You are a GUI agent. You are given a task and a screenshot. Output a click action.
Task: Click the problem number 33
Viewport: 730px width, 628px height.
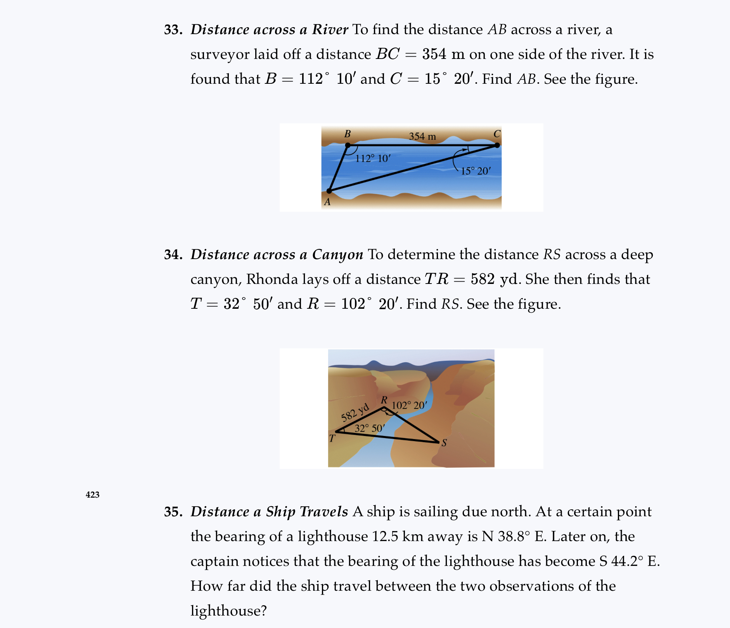[173, 30]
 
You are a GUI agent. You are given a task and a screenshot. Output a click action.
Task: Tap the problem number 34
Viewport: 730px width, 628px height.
[173, 255]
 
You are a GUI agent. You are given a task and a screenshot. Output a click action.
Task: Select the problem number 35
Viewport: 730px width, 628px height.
[173, 512]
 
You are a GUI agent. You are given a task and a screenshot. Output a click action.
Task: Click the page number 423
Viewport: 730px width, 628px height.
[92, 495]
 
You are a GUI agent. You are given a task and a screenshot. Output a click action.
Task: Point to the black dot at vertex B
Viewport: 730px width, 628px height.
[348, 145]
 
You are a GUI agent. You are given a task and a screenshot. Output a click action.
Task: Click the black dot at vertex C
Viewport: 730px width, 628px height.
[497, 145]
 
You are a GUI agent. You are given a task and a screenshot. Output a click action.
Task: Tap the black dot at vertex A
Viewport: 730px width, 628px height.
[329, 191]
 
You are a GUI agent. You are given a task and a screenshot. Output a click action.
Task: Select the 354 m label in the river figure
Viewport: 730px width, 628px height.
[422, 137]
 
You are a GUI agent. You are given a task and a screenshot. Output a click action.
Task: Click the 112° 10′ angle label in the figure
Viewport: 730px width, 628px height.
[373, 158]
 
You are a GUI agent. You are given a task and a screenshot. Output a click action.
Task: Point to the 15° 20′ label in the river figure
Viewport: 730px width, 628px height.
[476, 171]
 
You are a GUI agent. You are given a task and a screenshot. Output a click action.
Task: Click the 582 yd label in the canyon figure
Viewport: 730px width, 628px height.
[355, 413]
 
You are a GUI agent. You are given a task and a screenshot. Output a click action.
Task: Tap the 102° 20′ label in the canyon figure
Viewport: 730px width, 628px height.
[409, 406]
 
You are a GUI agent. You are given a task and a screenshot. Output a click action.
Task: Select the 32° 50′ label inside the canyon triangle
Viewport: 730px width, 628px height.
[370, 428]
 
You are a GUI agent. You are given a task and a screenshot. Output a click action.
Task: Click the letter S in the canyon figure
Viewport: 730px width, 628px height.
[444, 443]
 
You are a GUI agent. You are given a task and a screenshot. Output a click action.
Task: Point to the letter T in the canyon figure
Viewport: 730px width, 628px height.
[332, 439]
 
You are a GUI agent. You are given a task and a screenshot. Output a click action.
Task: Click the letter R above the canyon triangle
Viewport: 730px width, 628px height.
[384, 400]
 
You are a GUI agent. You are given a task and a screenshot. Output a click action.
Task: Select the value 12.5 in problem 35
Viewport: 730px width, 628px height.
[385, 537]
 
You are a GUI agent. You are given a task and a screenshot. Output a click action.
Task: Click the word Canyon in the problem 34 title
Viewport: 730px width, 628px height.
[337, 255]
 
